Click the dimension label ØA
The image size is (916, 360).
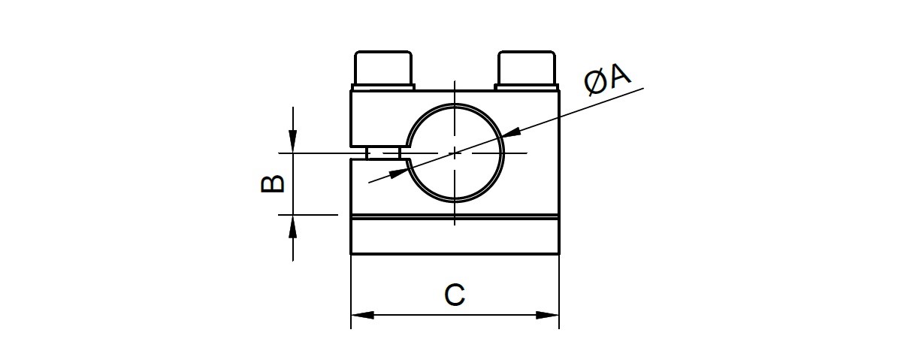click(x=607, y=79)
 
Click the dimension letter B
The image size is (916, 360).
click(x=273, y=183)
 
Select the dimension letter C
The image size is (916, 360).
click(x=455, y=295)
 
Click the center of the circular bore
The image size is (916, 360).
click(x=455, y=153)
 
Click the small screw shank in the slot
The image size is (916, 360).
click(x=383, y=153)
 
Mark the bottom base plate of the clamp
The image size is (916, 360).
click(x=455, y=235)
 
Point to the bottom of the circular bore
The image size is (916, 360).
click(x=455, y=202)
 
